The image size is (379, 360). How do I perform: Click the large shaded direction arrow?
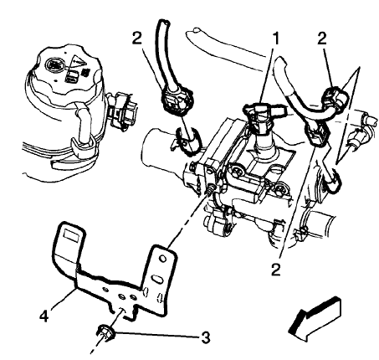click(x=314, y=323)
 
